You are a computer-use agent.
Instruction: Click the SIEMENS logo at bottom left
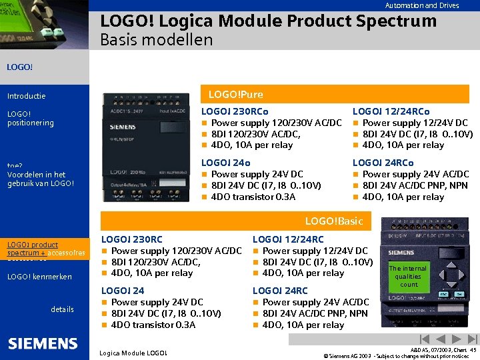pos(43,344)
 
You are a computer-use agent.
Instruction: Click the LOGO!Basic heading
pos(334,221)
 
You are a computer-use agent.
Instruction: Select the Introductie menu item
pos(27,96)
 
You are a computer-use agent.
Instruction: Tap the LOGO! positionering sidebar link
pos(30,118)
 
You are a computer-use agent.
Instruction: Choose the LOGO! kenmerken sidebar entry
pos(39,277)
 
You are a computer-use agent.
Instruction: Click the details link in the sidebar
pos(62,309)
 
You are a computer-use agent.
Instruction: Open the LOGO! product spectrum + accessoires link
pos(46,249)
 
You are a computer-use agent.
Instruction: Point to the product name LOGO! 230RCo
pos(235,111)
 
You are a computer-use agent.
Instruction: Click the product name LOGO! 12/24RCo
pos(391,111)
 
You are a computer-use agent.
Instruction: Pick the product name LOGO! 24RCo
pos(383,163)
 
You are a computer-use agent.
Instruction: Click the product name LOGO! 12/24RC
pos(288,239)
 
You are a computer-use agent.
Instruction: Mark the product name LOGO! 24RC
pos(280,291)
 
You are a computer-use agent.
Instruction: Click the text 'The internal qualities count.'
pos(408,276)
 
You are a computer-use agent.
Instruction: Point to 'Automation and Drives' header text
pos(421,5)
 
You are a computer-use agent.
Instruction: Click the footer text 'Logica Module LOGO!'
pos(133,353)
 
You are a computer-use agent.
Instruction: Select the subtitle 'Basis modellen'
pos(156,39)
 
